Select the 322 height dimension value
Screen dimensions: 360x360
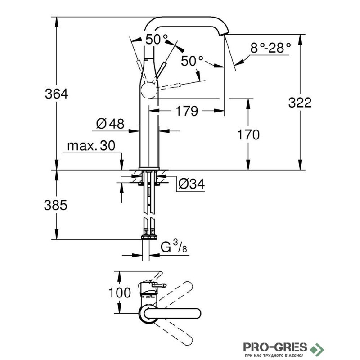(x=300, y=103)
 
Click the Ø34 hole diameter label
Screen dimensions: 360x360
(x=191, y=184)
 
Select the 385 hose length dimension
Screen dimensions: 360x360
(x=56, y=205)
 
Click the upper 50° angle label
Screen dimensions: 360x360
(x=156, y=40)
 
